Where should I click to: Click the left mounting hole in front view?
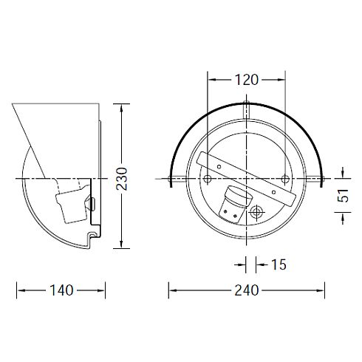(208, 180)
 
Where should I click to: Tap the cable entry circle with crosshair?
(256, 212)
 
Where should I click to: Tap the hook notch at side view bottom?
(93, 236)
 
